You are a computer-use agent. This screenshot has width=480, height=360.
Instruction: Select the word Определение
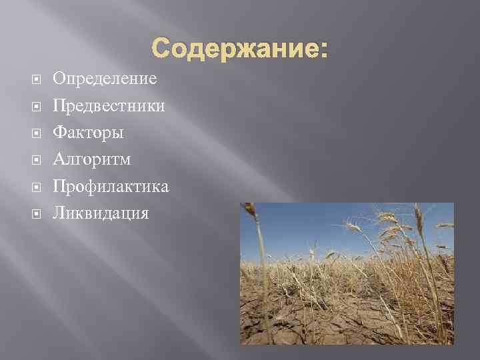105,79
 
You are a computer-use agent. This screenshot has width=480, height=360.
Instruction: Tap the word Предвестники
109,106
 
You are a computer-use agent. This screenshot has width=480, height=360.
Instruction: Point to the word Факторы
88,133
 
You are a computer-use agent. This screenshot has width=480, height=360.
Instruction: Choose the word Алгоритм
92,160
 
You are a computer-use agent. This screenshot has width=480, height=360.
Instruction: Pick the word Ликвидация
101,214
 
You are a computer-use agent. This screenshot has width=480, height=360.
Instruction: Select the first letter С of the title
161,49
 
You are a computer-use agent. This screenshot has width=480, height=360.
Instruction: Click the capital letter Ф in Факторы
59,133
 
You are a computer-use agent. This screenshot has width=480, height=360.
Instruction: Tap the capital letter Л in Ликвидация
59,214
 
